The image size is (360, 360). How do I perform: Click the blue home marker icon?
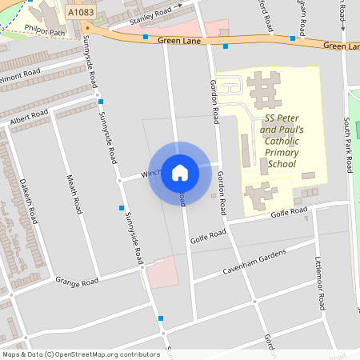click(179, 172)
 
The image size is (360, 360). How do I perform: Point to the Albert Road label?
click(29, 117)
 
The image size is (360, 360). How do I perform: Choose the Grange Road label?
click(77, 281)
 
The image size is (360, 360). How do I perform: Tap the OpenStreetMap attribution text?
click(81, 354)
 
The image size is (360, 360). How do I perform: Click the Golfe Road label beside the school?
click(288, 212)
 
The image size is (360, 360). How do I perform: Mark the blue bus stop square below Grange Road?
click(162, 318)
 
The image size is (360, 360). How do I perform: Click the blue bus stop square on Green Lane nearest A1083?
click(146, 37)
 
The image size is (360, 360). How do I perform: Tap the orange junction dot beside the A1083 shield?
click(87, 26)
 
